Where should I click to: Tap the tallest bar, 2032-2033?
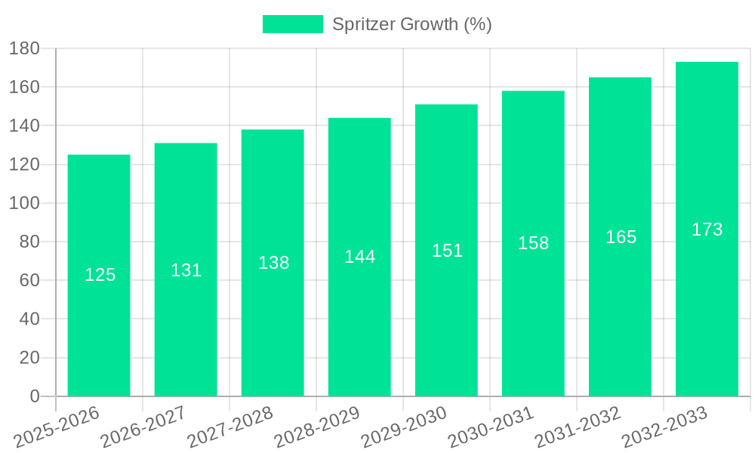[x=707, y=302]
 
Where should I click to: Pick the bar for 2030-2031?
[x=533, y=317]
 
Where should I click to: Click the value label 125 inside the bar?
[x=100, y=275]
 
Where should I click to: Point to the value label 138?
[x=273, y=263]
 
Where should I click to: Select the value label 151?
[x=447, y=251]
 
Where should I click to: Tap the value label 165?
[x=621, y=237]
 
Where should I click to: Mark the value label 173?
[x=707, y=230]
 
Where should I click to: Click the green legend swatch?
[x=292, y=24]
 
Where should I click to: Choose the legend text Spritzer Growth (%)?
[x=412, y=24]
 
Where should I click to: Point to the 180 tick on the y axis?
[x=24, y=48]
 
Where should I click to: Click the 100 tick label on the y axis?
[x=24, y=203]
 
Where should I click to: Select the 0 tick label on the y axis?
[x=34, y=396]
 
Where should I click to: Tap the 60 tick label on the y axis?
[x=29, y=281]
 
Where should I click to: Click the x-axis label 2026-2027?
[x=143, y=427]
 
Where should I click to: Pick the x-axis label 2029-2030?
[x=404, y=427]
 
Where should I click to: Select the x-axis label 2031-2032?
[x=578, y=427]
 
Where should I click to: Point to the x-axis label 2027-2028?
[x=230, y=427]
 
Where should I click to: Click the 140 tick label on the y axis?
[x=24, y=126]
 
